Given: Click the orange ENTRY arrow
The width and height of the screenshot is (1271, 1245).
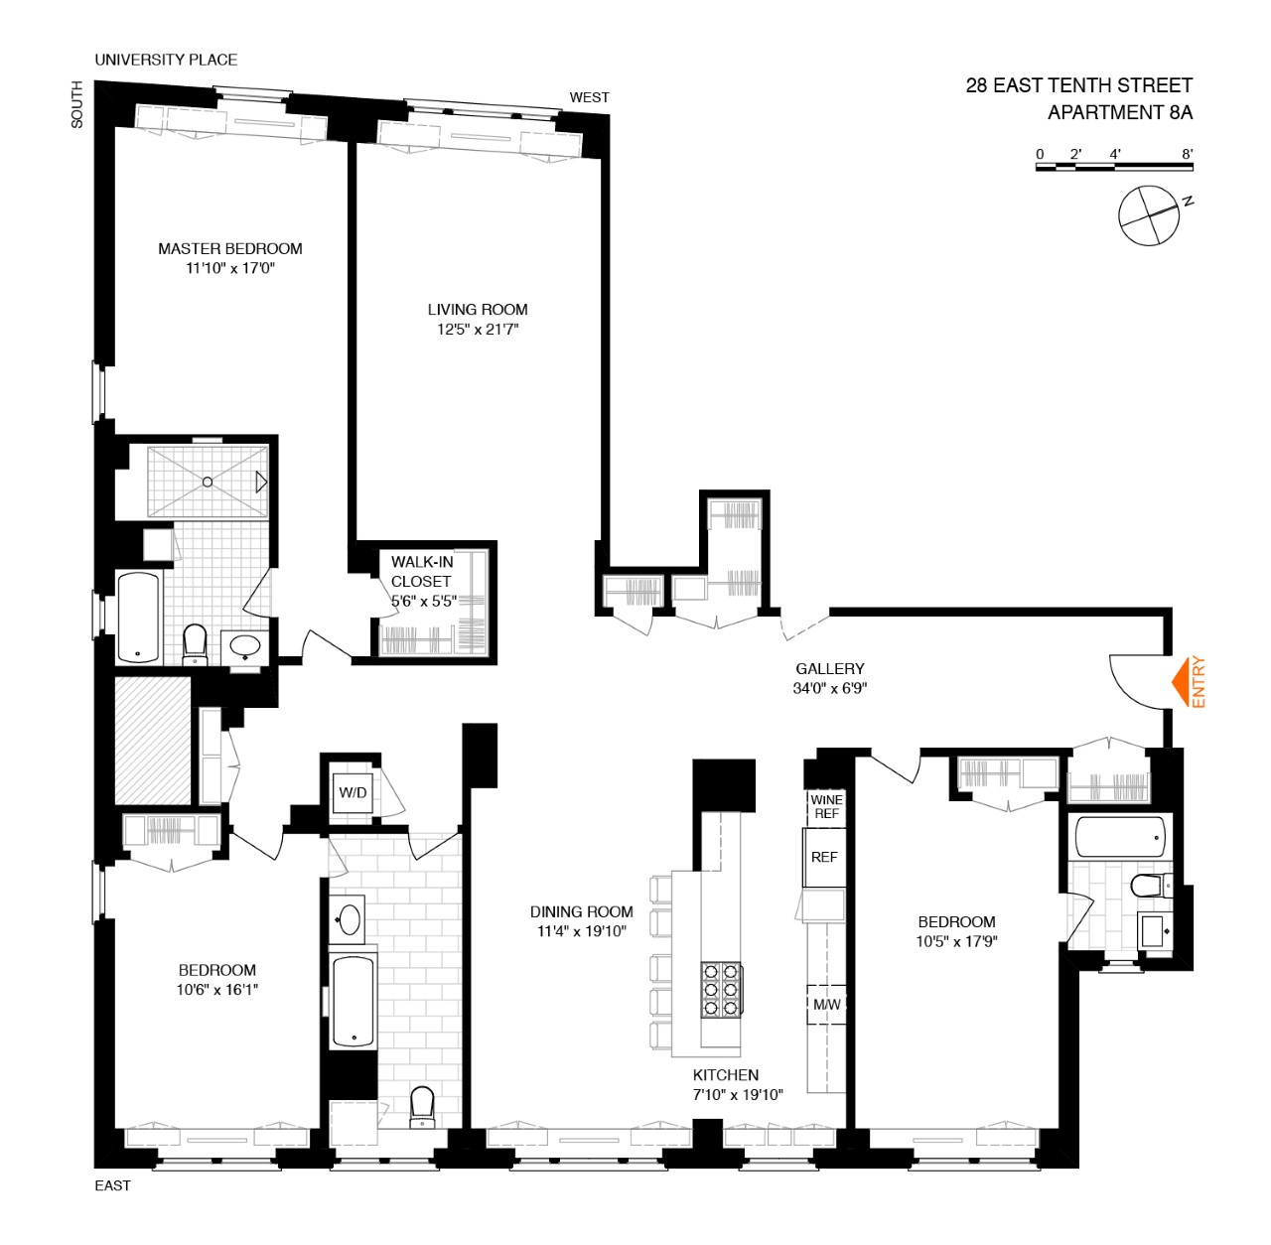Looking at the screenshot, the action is click(x=1181, y=682).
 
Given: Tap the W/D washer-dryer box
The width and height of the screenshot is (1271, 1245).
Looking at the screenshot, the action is click(x=353, y=792).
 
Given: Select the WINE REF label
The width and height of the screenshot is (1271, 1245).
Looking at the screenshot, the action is click(x=826, y=806).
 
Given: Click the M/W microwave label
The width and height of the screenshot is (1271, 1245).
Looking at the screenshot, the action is click(x=826, y=1005).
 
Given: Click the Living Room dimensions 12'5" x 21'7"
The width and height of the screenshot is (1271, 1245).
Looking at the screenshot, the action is click(x=478, y=330).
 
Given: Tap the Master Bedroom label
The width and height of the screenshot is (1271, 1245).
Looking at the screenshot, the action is click(x=230, y=249).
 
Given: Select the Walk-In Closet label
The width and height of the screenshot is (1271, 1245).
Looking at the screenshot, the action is click(x=422, y=571).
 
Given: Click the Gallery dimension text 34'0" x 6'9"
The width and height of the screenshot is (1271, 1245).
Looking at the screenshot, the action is click(x=830, y=688).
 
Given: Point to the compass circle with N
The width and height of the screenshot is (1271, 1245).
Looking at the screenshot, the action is click(x=1148, y=215).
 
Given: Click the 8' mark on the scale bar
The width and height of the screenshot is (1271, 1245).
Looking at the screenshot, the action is click(x=1188, y=155).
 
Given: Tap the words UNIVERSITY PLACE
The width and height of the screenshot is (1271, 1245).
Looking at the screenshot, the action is click(x=166, y=60).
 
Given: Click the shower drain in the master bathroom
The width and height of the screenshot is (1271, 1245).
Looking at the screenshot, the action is click(x=208, y=483).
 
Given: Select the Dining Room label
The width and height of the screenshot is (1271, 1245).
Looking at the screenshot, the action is click(x=581, y=911).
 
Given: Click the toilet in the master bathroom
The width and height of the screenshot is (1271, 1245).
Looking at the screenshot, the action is click(x=195, y=644).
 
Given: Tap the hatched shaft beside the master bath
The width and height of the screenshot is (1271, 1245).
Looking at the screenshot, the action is click(x=152, y=741).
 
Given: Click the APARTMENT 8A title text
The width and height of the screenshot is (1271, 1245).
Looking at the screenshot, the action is click(x=1120, y=113).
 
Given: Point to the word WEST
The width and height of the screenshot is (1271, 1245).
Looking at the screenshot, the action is click(x=589, y=97).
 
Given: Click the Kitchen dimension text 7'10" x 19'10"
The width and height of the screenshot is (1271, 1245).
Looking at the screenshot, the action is click(x=738, y=1095).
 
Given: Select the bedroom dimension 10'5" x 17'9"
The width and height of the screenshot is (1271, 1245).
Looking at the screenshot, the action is click(x=956, y=941).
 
